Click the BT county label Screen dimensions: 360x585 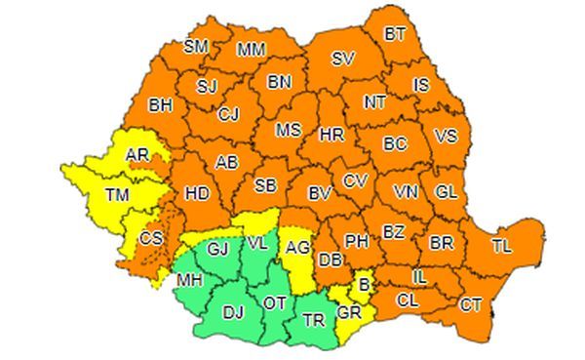(395, 35)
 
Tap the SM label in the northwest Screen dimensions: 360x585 (196, 46)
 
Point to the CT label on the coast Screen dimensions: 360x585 (470, 305)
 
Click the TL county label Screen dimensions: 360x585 (501, 246)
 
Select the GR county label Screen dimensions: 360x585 (348, 313)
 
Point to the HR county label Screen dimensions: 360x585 (331, 134)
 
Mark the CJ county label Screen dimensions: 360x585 (229, 115)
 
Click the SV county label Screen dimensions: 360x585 (342, 59)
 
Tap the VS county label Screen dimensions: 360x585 (445, 136)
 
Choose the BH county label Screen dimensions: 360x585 (161, 104)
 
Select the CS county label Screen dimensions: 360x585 (152, 238)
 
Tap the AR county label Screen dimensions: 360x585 (138, 154)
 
